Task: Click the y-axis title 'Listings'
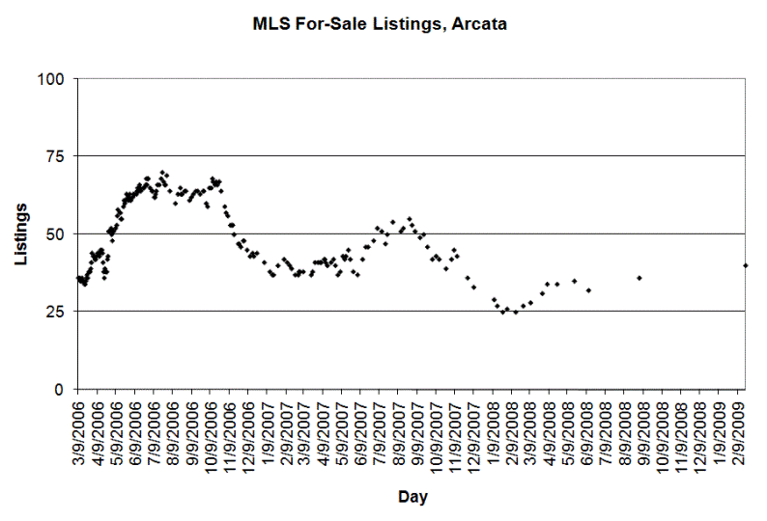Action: (x=20, y=233)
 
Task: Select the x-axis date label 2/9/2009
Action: (x=739, y=426)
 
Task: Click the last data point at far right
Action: (x=746, y=265)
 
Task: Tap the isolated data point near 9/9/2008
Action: (x=639, y=278)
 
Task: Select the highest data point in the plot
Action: (x=162, y=172)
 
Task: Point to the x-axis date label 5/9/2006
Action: (x=117, y=426)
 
